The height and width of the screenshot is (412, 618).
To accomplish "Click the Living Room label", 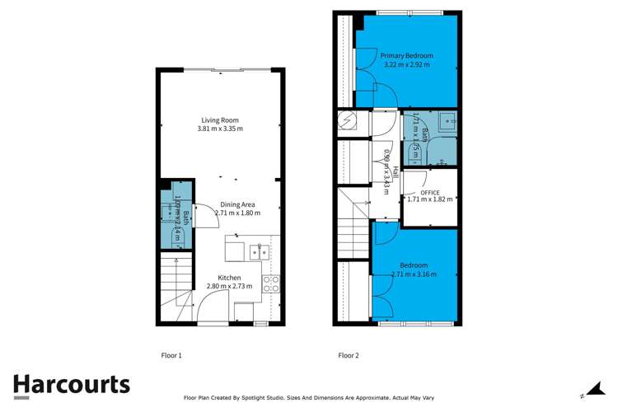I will [220, 119].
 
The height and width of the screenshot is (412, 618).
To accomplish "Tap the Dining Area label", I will [237, 204].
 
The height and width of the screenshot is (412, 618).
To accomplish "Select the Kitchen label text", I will [230, 278].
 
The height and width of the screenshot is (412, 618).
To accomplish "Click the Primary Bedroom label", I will [406, 56].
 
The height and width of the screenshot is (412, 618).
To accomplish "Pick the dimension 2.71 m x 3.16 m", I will [414, 274].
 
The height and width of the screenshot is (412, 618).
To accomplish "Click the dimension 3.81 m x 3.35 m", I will [220, 129].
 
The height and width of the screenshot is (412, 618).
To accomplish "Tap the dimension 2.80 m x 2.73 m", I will [230, 287].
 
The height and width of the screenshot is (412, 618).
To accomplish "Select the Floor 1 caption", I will [171, 356].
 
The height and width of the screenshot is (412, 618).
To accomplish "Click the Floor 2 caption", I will [349, 356].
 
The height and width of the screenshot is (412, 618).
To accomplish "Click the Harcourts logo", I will [71, 386].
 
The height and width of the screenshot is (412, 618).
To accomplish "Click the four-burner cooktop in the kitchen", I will [270, 284].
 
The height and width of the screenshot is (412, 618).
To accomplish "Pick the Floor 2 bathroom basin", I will [446, 122].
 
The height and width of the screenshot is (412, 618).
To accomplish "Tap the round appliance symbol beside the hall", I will [347, 121].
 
